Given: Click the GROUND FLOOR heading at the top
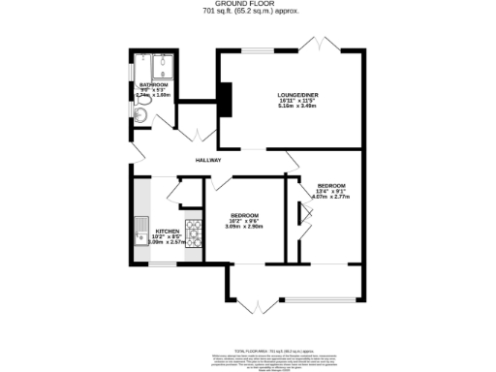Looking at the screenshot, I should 248,5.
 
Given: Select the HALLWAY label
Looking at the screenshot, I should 208,160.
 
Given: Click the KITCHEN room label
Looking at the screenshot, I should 155,231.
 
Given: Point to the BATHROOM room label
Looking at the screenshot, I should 140,86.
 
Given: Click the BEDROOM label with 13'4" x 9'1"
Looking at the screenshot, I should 331,185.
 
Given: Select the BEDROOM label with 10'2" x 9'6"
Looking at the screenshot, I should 244,215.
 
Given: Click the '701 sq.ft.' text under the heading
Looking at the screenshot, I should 248,13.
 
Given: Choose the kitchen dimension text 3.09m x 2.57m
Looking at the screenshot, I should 155,242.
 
